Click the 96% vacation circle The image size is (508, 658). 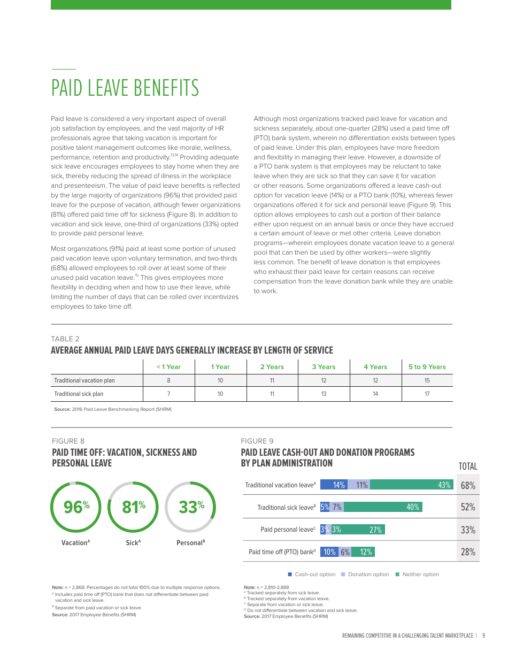pos(75,507)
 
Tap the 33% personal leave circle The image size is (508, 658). pos(190,507)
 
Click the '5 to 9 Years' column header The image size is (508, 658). pos(427,366)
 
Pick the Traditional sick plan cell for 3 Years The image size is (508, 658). pos(324,394)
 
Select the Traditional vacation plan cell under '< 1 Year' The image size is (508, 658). pos(168,380)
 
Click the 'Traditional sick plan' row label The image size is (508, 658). pos(79,394)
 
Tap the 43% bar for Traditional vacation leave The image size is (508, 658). pos(411,485)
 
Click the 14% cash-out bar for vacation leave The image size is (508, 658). pos(334,485)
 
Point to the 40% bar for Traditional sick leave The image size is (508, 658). pos(383,507)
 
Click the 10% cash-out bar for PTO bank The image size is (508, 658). pos(329,552)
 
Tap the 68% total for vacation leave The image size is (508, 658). pos(468,486)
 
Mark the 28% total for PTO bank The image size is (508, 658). pos(468,552)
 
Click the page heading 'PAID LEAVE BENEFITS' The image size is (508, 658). pos(125,88)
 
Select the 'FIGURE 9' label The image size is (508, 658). pos(257,441)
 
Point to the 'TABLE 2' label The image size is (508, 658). pos(65,339)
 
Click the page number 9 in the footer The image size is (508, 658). pos(483,636)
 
